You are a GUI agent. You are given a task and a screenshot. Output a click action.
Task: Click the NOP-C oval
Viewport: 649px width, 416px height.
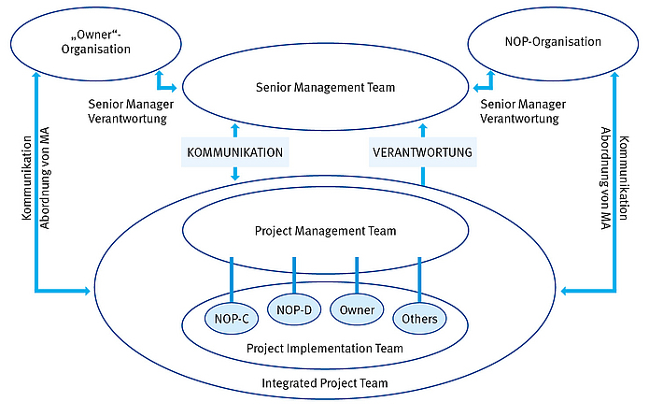[231, 319]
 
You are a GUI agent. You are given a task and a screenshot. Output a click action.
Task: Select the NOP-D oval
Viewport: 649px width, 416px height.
[294, 308]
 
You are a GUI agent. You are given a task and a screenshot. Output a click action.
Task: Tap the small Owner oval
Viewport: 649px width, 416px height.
[357, 308]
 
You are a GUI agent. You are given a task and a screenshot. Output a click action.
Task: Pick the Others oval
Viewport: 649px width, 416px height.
[419, 319]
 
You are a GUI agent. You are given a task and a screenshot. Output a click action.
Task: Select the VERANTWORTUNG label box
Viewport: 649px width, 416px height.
[422, 151]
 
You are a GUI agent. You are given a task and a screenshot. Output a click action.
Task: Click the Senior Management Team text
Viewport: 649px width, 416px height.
[325, 88]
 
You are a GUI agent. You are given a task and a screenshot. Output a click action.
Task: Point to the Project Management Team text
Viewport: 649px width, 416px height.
[325, 231]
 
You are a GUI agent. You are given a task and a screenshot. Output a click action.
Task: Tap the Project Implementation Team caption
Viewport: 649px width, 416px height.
[325, 349]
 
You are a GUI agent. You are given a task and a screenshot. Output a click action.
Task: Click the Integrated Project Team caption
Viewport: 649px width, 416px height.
[325, 383]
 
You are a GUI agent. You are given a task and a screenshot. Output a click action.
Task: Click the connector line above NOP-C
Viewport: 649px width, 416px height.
[231, 278]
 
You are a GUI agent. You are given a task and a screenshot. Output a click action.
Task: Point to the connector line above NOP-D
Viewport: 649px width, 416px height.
[294, 273]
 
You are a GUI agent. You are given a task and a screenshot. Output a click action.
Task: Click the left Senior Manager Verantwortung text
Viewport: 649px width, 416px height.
[128, 112]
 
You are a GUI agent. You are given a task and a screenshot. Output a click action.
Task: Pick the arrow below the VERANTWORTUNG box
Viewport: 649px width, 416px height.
[422, 175]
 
